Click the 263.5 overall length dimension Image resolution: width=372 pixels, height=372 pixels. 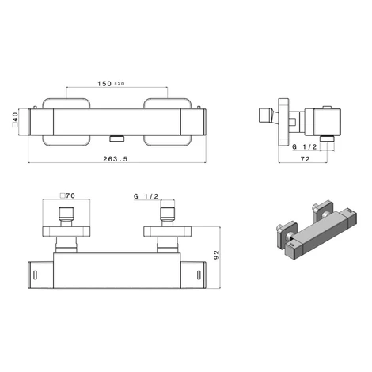tap(115, 159)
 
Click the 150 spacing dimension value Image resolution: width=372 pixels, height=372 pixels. tap(104, 84)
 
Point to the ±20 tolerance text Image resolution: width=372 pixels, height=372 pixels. tap(120, 84)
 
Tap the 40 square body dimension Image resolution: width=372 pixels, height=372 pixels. tap(15, 120)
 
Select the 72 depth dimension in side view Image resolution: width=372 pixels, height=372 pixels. tap(305, 159)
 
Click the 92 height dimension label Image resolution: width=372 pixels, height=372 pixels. tap(216, 255)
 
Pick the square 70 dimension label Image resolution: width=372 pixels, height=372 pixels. tap(67, 195)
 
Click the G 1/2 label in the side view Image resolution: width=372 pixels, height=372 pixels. tap(304, 147)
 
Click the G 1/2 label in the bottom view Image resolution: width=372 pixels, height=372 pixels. tap(146, 196)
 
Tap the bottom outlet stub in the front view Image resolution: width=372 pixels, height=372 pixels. tap(116, 139)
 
